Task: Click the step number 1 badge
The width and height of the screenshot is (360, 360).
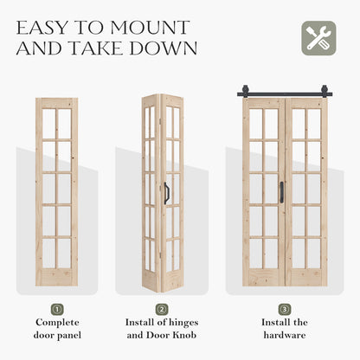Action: tap(56, 309)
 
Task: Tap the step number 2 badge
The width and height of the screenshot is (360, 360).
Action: tap(162, 309)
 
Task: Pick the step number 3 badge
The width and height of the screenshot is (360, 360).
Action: tap(285, 309)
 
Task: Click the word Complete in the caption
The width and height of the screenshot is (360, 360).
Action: tap(56, 323)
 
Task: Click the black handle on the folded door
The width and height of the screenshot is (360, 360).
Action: tap(166, 192)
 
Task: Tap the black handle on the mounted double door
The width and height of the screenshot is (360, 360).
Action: tap(281, 192)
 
